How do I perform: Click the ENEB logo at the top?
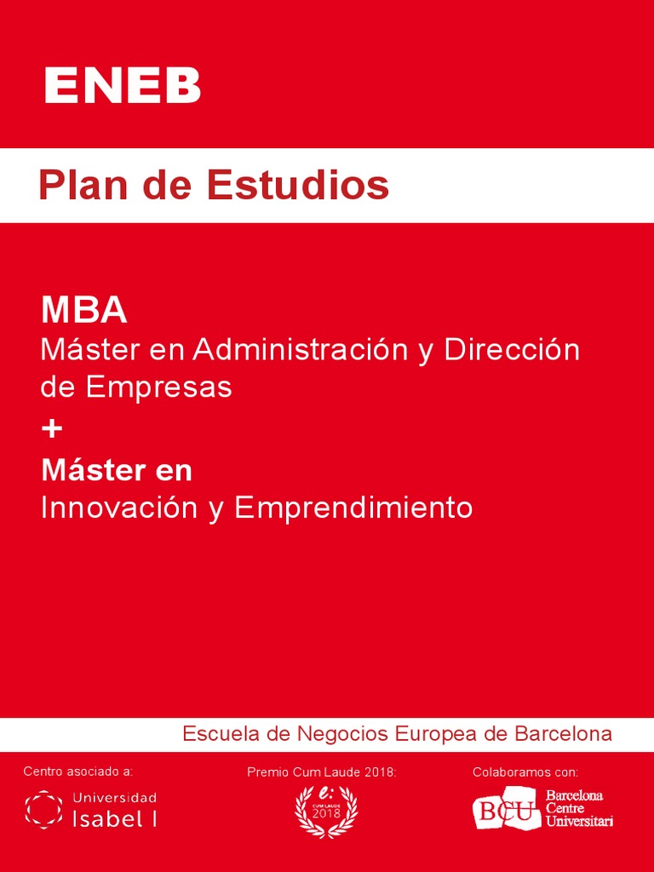click(x=122, y=85)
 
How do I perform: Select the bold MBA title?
click(x=84, y=311)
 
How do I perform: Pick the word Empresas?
click(x=158, y=387)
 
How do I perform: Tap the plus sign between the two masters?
click(x=52, y=429)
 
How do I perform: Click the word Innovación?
click(x=119, y=508)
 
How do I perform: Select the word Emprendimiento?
click(x=353, y=508)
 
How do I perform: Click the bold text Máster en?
click(x=117, y=470)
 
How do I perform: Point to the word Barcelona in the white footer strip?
click(x=563, y=734)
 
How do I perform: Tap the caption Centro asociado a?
click(x=78, y=772)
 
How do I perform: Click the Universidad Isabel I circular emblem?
click(x=43, y=809)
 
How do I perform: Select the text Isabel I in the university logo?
click(x=115, y=819)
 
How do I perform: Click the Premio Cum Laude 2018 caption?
click(x=322, y=772)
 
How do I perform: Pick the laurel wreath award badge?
click(x=326, y=810)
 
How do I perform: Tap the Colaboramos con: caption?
click(x=525, y=772)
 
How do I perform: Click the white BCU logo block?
click(x=507, y=810)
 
